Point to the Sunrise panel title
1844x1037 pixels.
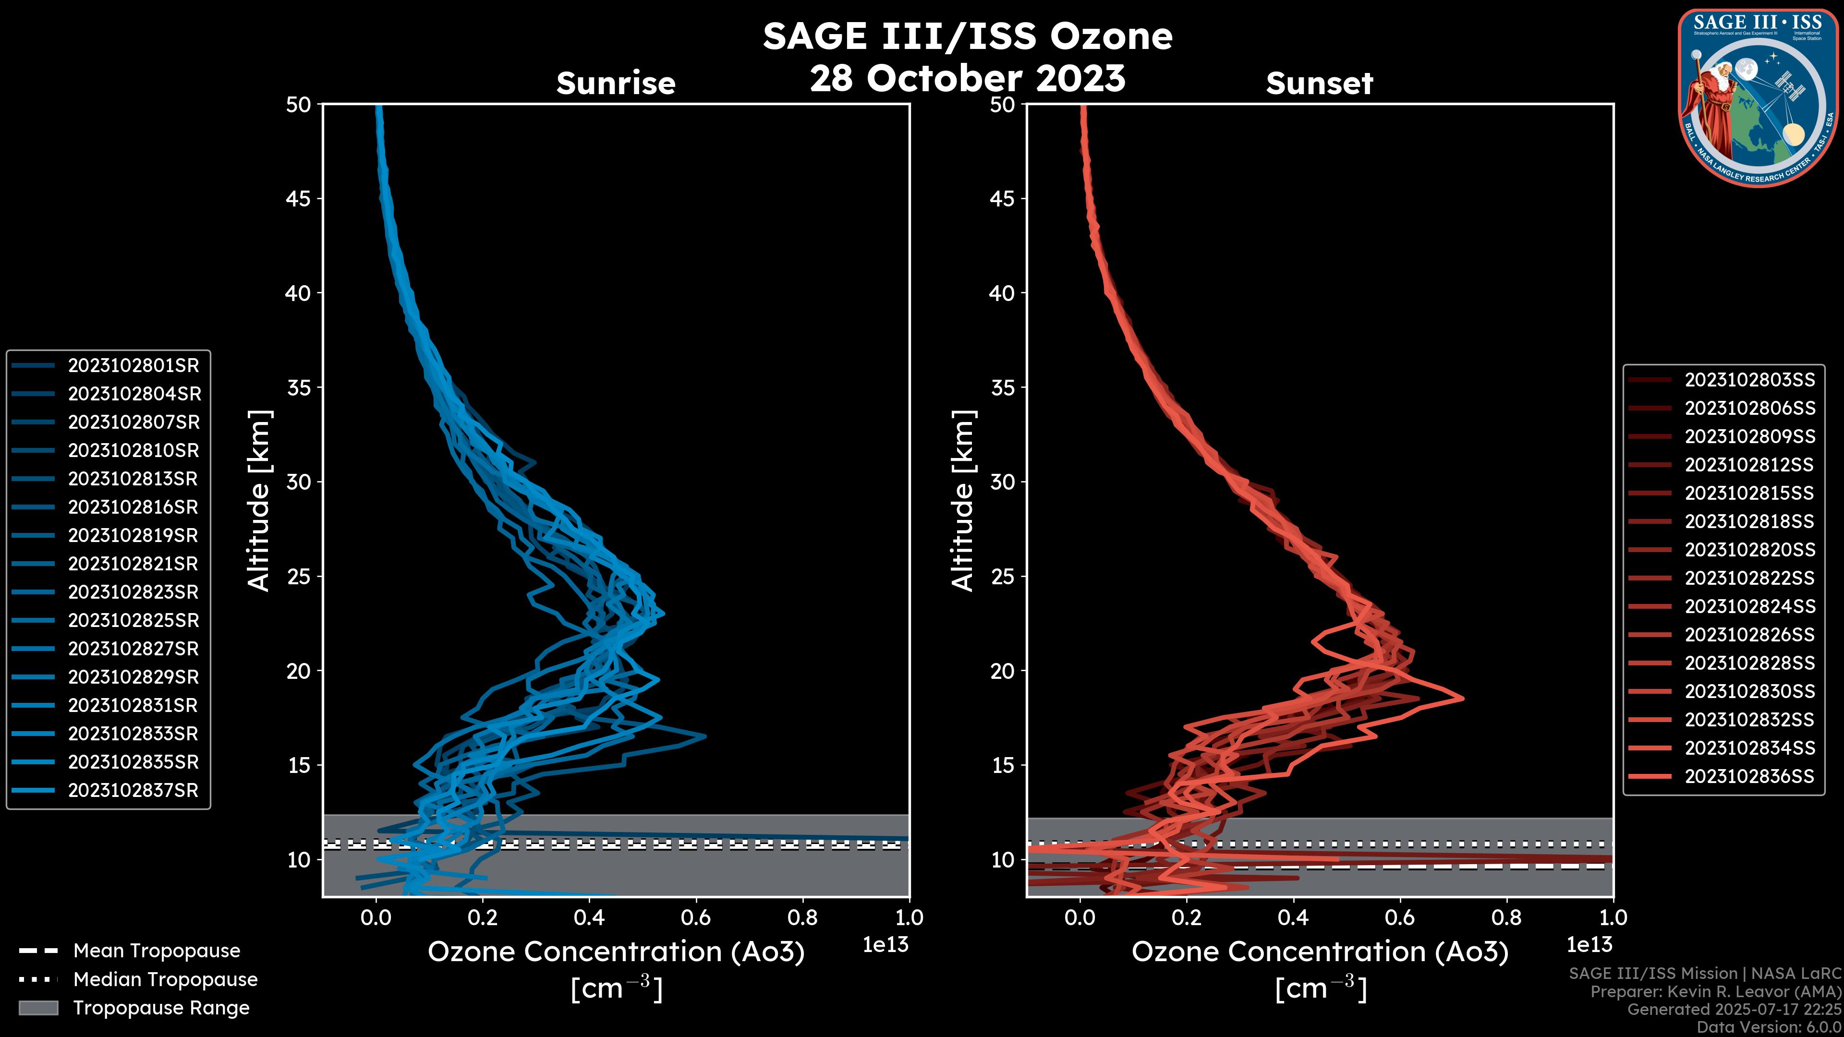point(616,84)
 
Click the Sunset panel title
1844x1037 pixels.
point(1319,84)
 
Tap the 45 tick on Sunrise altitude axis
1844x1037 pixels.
point(299,199)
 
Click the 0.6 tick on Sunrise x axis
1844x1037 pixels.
point(696,917)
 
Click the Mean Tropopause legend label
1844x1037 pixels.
point(157,951)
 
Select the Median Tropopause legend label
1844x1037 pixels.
point(165,980)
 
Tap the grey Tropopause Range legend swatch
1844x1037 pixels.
point(38,1008)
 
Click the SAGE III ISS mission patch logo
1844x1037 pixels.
point(1757,98)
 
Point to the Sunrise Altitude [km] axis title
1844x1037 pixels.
point(259,500)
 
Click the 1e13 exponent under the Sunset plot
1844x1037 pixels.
point(1589,945)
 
